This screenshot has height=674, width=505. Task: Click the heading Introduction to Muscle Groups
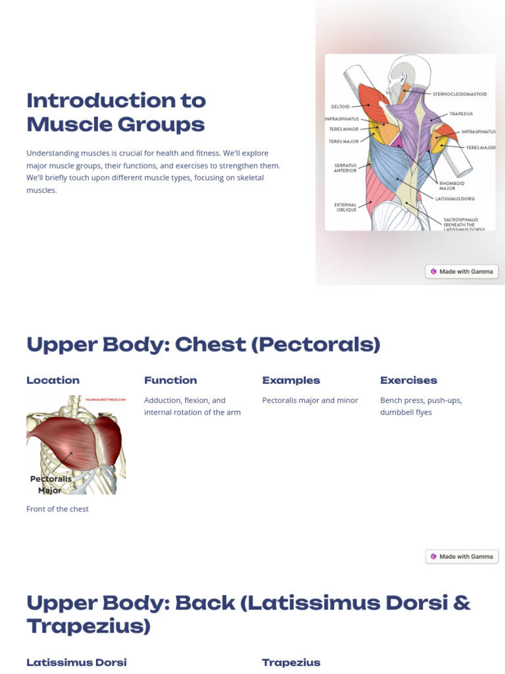(116, 112)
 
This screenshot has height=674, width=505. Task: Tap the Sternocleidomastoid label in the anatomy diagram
(460, 94)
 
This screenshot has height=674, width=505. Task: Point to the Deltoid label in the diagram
(340, 107)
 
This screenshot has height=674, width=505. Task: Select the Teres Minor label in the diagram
(344, 130)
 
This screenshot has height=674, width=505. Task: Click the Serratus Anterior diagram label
(345, 168)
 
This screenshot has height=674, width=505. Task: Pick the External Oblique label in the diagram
(345, 207)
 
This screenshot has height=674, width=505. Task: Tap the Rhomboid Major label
(452, 186)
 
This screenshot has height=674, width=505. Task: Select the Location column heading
(53, 380)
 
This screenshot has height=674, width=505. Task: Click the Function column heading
(170, 380)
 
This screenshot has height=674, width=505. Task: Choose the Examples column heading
(291, 380)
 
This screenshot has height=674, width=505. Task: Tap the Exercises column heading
(408, 380)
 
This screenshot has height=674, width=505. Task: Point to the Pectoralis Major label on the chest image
(51, 484)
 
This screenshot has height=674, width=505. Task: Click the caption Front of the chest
(57, 509)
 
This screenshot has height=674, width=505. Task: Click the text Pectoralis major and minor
(310, 400)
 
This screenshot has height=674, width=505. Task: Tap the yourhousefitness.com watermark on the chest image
(105, 400)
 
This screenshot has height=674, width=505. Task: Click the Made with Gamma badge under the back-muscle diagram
(462, 271)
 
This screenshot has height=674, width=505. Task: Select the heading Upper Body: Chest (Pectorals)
(203, 344)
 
